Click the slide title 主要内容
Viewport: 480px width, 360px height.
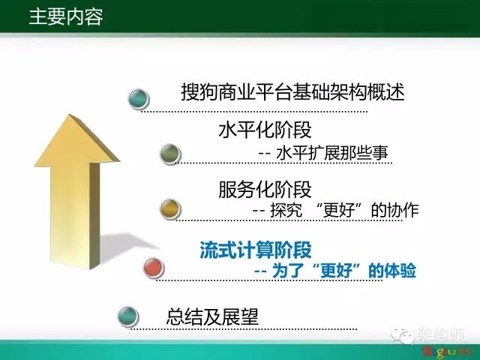tap(66, 16)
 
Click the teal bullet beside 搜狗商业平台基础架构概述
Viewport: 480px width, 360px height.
tap(138, 98)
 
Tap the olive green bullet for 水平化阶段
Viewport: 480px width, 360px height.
tap(170, 154)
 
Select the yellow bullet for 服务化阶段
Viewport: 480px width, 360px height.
tap(170, 208)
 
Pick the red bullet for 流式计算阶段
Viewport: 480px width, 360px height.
tap(154, 268)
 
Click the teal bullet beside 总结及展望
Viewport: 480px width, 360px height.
tap(128, 316)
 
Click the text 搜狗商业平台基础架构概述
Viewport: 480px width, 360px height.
tap(292, 91)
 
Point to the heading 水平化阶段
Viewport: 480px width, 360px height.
tap(265, 130)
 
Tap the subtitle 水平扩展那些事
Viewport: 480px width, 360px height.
tap(332, 153)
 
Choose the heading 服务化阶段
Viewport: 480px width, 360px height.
tap(265, 189)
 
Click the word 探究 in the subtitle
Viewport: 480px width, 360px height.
tap(286, 210)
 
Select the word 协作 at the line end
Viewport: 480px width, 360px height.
tap(403, 210)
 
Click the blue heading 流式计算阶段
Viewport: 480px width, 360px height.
tap(256, 250)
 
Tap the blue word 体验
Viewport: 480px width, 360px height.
tap(400, 271)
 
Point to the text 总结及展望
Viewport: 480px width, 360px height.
tap(212, 316)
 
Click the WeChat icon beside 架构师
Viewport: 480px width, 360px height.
tap(403, 336)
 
